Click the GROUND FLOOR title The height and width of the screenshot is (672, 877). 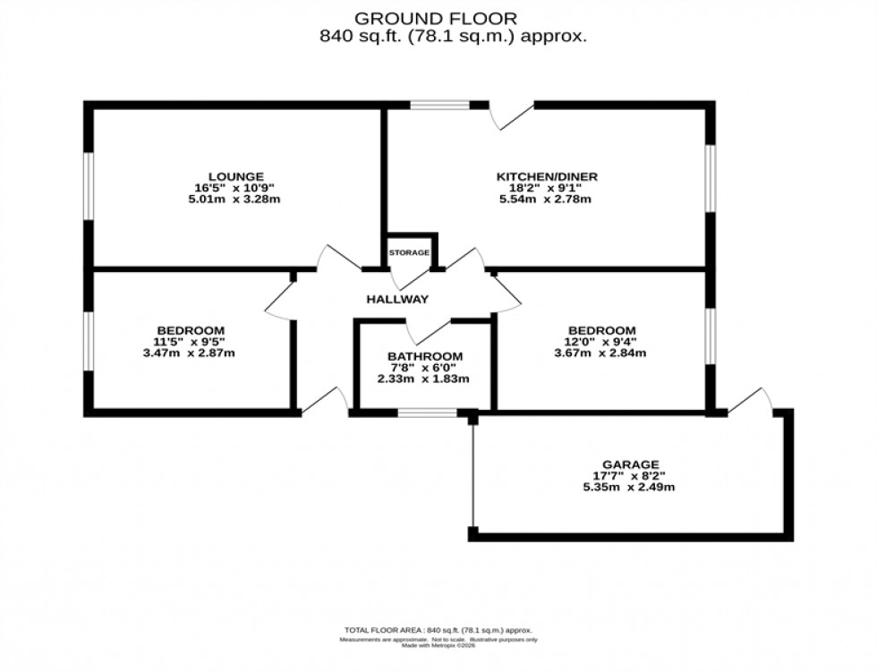click(x=436, y=18)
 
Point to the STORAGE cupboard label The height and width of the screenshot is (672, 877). click(x=409, y=253)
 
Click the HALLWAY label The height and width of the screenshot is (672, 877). click(x=397, y=299)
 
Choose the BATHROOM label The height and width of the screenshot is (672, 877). click(x=424, y=355)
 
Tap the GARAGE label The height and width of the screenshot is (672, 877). click(x=630, y=464)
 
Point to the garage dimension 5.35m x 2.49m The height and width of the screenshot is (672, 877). click(x=630, y=488)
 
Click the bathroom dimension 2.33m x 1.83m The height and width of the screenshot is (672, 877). click(x=424, y=379)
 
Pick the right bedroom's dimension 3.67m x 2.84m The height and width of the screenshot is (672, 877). click(x=600, y=353)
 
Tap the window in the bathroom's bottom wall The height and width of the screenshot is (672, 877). click(x=426, y=413)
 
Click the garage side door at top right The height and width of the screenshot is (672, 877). click(x=751, y=401)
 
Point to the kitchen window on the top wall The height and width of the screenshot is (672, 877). click(x=440, y=106)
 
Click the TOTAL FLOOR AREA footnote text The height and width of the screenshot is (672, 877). click(x=438, y=629)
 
